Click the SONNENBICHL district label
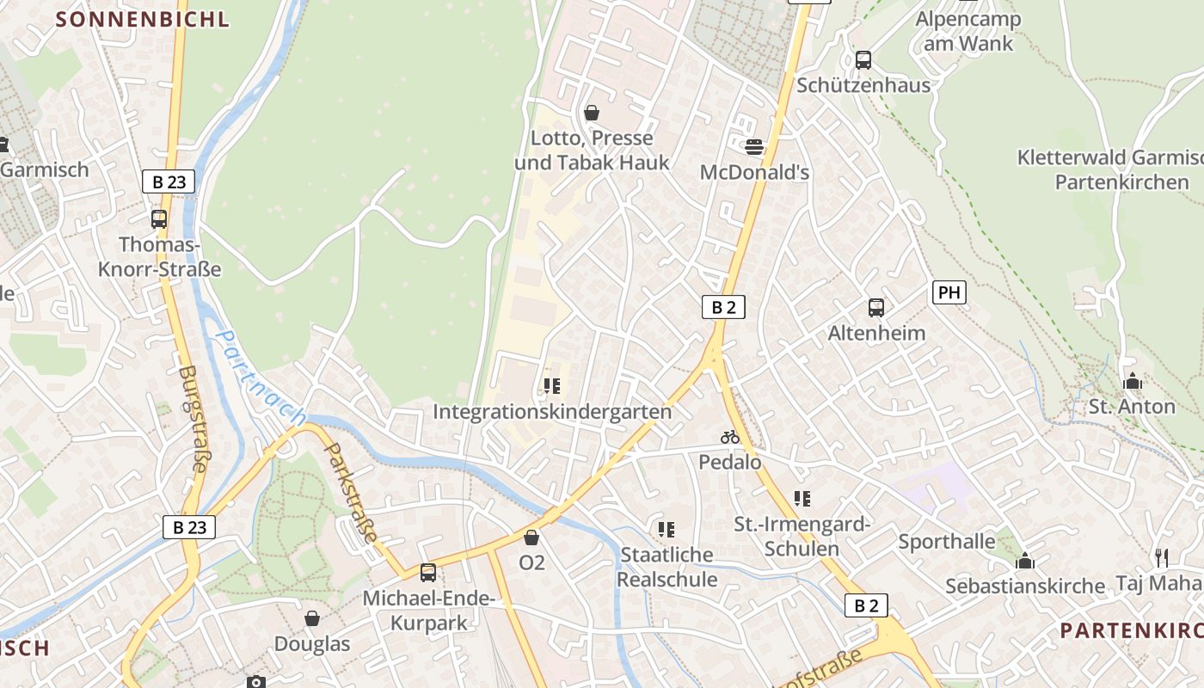(x=143, y=19)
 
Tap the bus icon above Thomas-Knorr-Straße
(x=159, y=218)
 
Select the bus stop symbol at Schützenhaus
(x=863, y=60)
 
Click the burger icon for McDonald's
(x=754, y=147)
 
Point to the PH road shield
(x=949, y=292)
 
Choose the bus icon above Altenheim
(x=876, y=307)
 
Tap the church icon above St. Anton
(x=1132, y=381)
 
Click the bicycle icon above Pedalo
(x=730, y=437)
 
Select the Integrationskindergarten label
(x=552, y=412)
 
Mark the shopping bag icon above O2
(x=531, y=538)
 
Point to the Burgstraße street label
(x=193, y=419)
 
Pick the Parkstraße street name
(x=351, y=493)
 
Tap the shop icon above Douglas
(x=312, y=618)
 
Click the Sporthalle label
(x=946, y=542)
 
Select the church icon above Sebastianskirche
(x=1024, y=562)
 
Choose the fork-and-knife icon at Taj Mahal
(x=1161, y=557)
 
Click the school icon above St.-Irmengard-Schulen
(x=802, y=498)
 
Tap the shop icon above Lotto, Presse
(x=592, y=113)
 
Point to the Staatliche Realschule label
(x=667, y=567)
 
